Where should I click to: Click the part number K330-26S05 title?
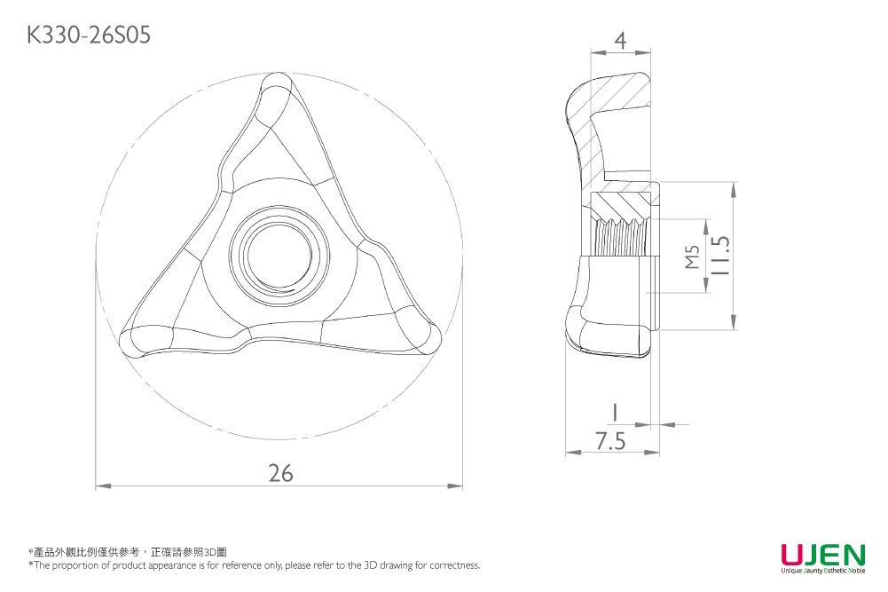coord(89,35)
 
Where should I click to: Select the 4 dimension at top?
coord(620,40)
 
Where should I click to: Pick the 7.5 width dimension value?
coord(610,441)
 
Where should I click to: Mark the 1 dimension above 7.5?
coord(613,411)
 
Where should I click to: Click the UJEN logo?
coord(822,555)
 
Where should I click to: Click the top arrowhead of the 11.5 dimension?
coord(735,188)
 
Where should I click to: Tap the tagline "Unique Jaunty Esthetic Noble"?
coord(822,572)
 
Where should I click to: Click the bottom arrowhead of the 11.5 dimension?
coord(735,324)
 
